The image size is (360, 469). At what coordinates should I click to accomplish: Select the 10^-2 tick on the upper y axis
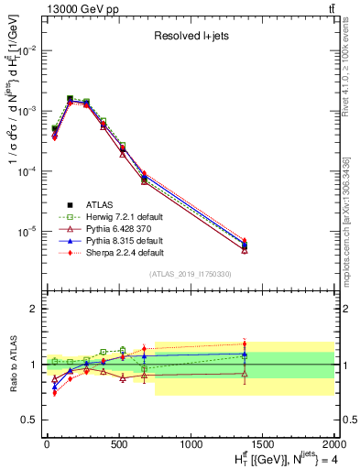pos(27,50)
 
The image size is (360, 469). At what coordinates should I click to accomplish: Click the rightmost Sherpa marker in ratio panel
pos(244,344)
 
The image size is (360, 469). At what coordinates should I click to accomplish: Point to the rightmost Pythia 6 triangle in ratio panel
pos(244,373)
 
